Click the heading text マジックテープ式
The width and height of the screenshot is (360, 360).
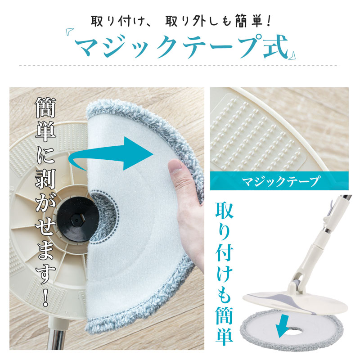pos(180,45)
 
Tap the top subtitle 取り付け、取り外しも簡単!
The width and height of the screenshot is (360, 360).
pos(180,20)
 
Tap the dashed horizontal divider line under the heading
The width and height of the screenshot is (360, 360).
pos(180,66)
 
